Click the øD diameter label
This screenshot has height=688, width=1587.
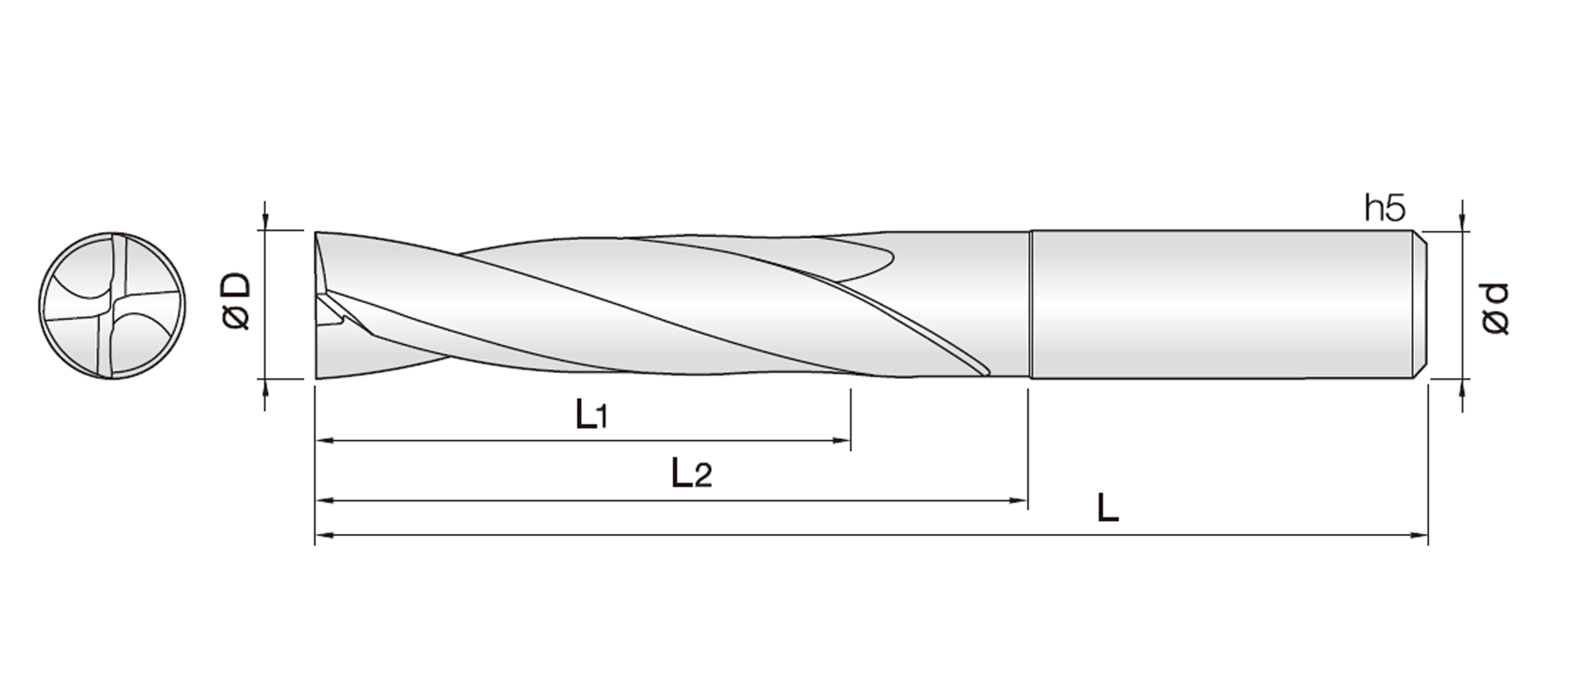click(x=237, y=302)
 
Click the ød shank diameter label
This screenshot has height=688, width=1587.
click(x=1495, y=308)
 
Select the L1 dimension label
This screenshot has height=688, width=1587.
click(x=591, y=414)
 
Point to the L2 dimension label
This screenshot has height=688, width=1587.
click(x=690, y=474)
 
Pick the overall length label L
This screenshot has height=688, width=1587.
click(x=1108, y=508)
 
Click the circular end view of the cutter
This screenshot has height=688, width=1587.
click(x=112, y=306)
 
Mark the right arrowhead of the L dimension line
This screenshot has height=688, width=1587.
click(x=1420, y=536)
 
